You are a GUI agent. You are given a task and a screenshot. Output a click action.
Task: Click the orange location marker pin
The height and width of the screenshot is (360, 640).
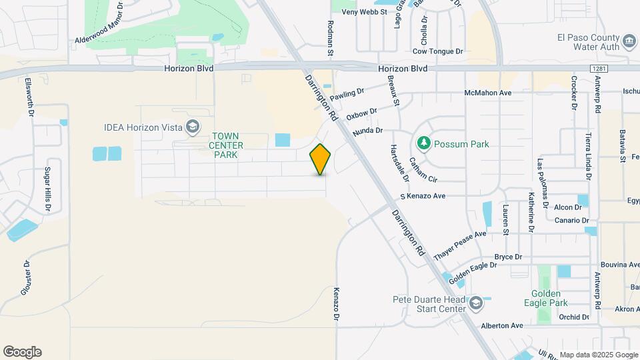[321, 159]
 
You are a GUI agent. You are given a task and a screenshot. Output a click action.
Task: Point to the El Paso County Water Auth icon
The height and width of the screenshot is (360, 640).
[629, 43]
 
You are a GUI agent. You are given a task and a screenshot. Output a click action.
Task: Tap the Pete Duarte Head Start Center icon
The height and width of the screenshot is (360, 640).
[475, 304]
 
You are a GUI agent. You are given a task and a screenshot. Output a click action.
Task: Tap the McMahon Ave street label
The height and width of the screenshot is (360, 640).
[488, 93]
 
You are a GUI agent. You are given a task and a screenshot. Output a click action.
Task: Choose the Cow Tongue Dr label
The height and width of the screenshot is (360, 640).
[437, 51]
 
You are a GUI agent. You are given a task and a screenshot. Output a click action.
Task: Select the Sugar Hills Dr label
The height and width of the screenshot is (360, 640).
[48, 189]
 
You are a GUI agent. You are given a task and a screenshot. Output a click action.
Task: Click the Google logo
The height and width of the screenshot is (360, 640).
[22, 352]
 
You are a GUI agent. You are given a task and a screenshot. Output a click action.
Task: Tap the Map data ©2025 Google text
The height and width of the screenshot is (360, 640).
[598, 355]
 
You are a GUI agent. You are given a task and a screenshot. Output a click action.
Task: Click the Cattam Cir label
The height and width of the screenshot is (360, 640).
[423, 170]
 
